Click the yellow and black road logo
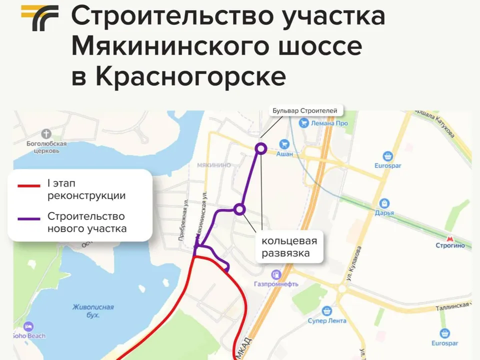pyautogui.click(x=39, y=18)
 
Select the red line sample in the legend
pyautogui.click(x=29, y=186)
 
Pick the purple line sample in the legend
pyautogui.click(x=29, y=218)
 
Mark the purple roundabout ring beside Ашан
pyautogui.click(x=260, y=148)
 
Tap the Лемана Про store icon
pyautogui.click(x=303, y=123)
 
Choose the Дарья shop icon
pyautogui.click(x=384, y=203)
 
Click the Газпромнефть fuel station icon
pyautogui.click(x=276, y=274)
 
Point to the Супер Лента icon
pyautogui.click(x=327, y=311)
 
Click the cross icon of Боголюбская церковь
pyautogui.click(x=46, y=134)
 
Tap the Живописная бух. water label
pyautogui.click(x=93, y=311)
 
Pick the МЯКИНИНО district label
pyautogui.click(x=213, y=165)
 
